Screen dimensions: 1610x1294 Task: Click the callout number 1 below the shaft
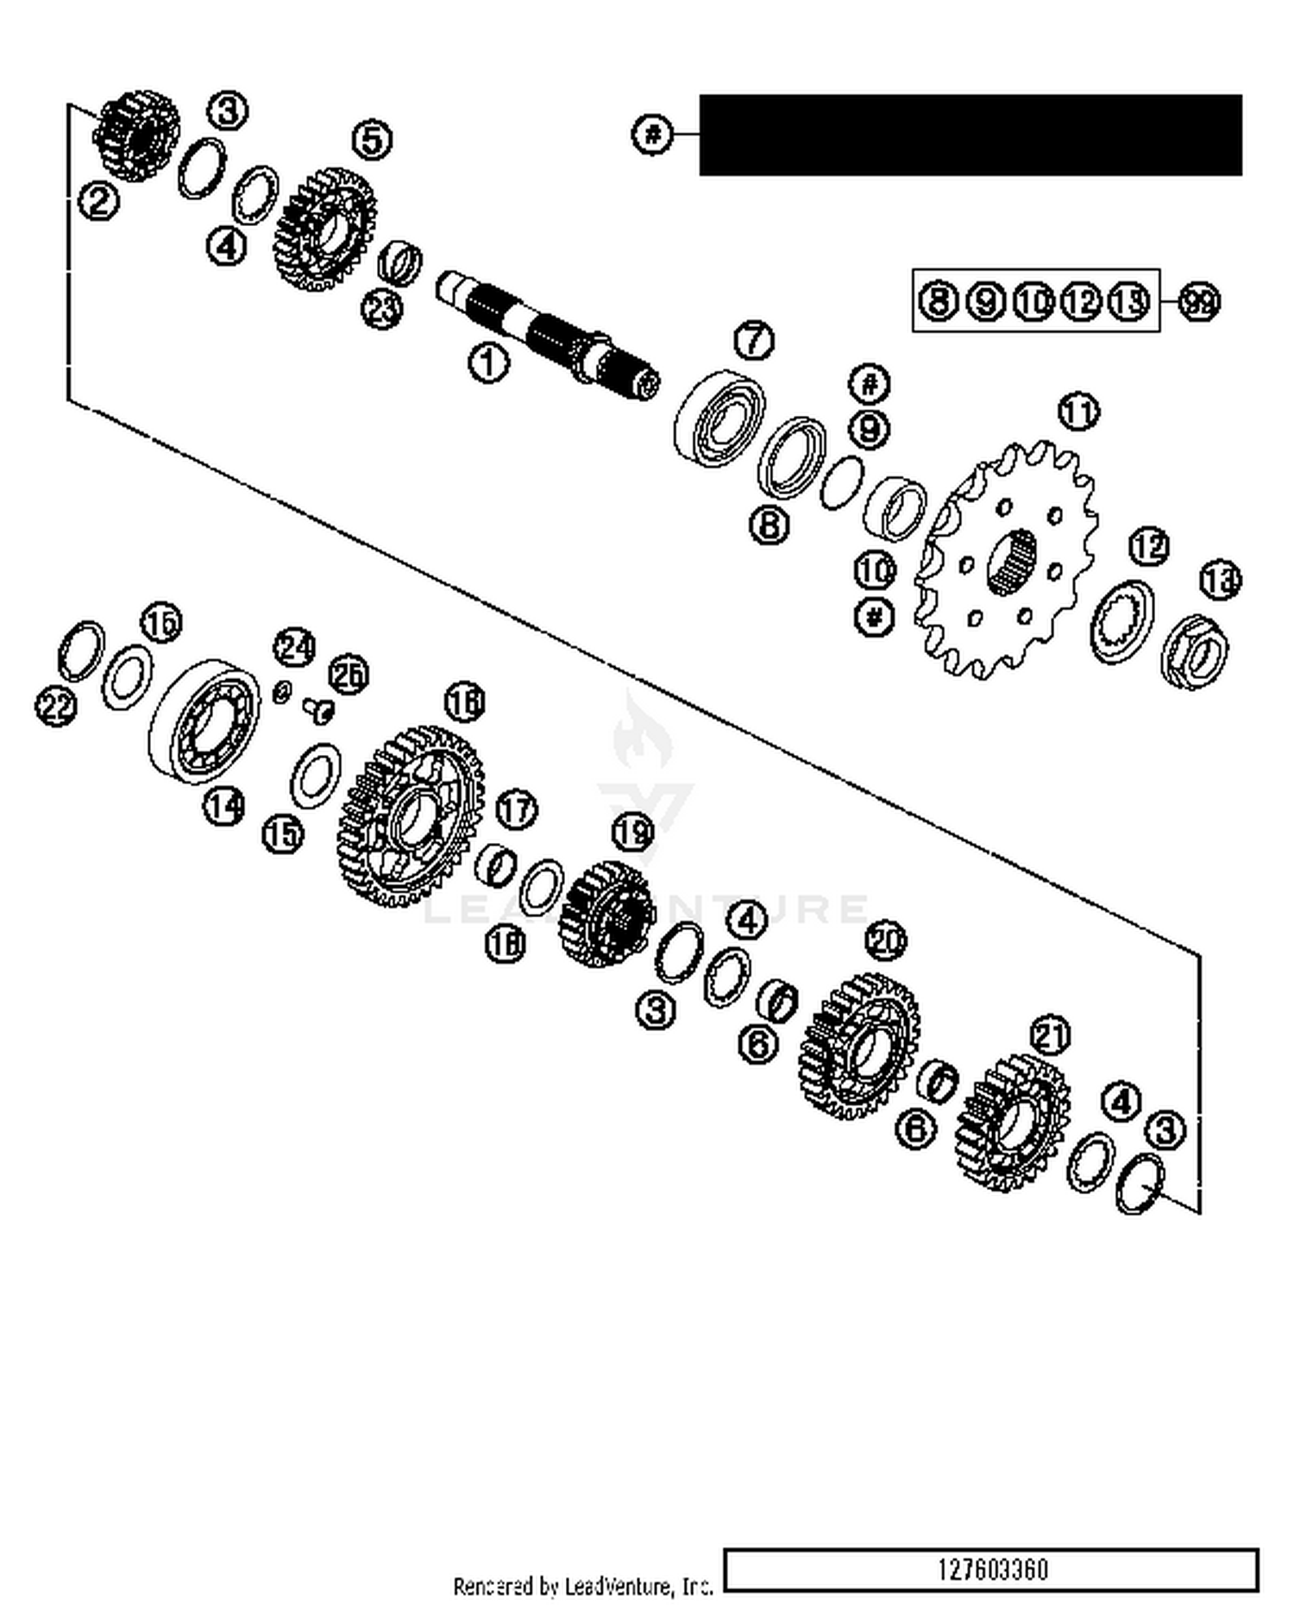click(x=488, y=363)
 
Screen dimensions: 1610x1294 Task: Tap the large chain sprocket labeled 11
click(x=1005, y=561)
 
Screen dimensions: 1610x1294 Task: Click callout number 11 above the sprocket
click(x=1077, y=412)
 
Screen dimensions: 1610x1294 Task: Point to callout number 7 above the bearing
click(x=754, y=340)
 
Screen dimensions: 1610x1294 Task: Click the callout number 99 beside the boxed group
click(x=1199, y=302)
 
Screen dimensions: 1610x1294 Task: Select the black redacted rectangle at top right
click(x=970, y=135)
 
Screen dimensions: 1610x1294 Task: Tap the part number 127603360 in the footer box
click(x=992, y=1569)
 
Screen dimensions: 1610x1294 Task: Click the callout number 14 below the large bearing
click(x=223, y=807)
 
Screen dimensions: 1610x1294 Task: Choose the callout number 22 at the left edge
click(x=55, y=708)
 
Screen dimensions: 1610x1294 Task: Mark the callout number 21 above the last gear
click(x=1050, y=1035)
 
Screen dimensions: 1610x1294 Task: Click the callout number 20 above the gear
click(x=886, y=940)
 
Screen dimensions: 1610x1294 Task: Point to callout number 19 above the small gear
click(x=632, y=832)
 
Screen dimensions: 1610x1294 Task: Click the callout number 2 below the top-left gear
click(x=98, y=202)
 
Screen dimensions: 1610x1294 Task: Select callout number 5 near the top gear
click(x=373, y=140)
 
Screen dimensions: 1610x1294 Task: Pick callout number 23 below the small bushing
click(x=381, y=308)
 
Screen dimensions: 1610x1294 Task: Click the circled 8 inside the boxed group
click(x=937, y=301)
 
